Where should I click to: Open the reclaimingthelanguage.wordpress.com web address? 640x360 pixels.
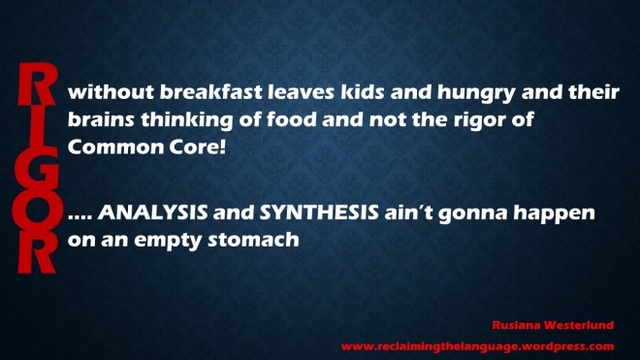click(x=477, y=344)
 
